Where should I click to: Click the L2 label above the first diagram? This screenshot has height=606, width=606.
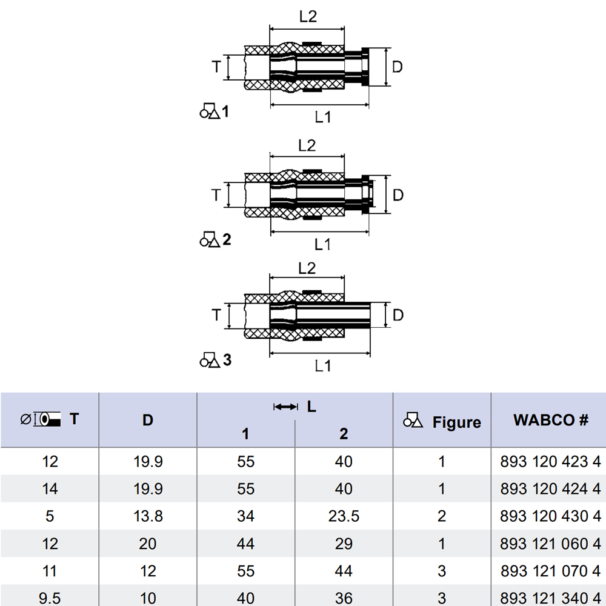click(x=308, y=16)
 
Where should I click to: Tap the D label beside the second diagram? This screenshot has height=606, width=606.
click(x=398, y=195)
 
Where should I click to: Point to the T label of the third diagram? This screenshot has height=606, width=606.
click(x=216, y=315)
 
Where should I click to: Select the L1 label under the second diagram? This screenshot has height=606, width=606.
click(x=322, y=244)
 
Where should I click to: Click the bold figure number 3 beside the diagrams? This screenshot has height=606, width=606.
click(x=227, y=360)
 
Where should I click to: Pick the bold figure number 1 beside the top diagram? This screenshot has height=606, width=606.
click(x=225, y=112)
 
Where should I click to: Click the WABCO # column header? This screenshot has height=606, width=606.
click(x=551, y=420)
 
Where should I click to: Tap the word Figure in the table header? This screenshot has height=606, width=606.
click(x=456, y=422)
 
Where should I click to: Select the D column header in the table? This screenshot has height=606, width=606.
click(x=148, y=420)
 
